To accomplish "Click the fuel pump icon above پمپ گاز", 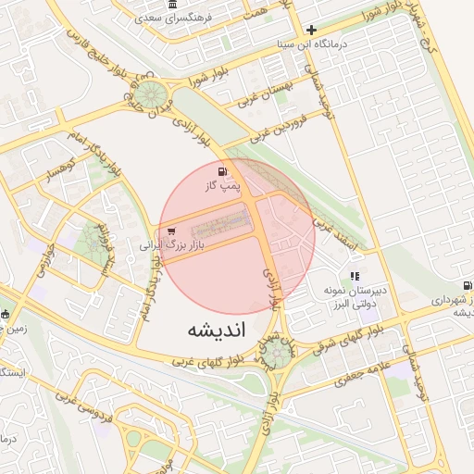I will click(x=221, y=171).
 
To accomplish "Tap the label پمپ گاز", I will click(x=222, y=186).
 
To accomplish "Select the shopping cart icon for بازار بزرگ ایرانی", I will click(x=171, y=231).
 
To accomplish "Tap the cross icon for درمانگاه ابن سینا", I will click(x=312, y=30).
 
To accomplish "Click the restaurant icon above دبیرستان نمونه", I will click(x=355, y=276).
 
